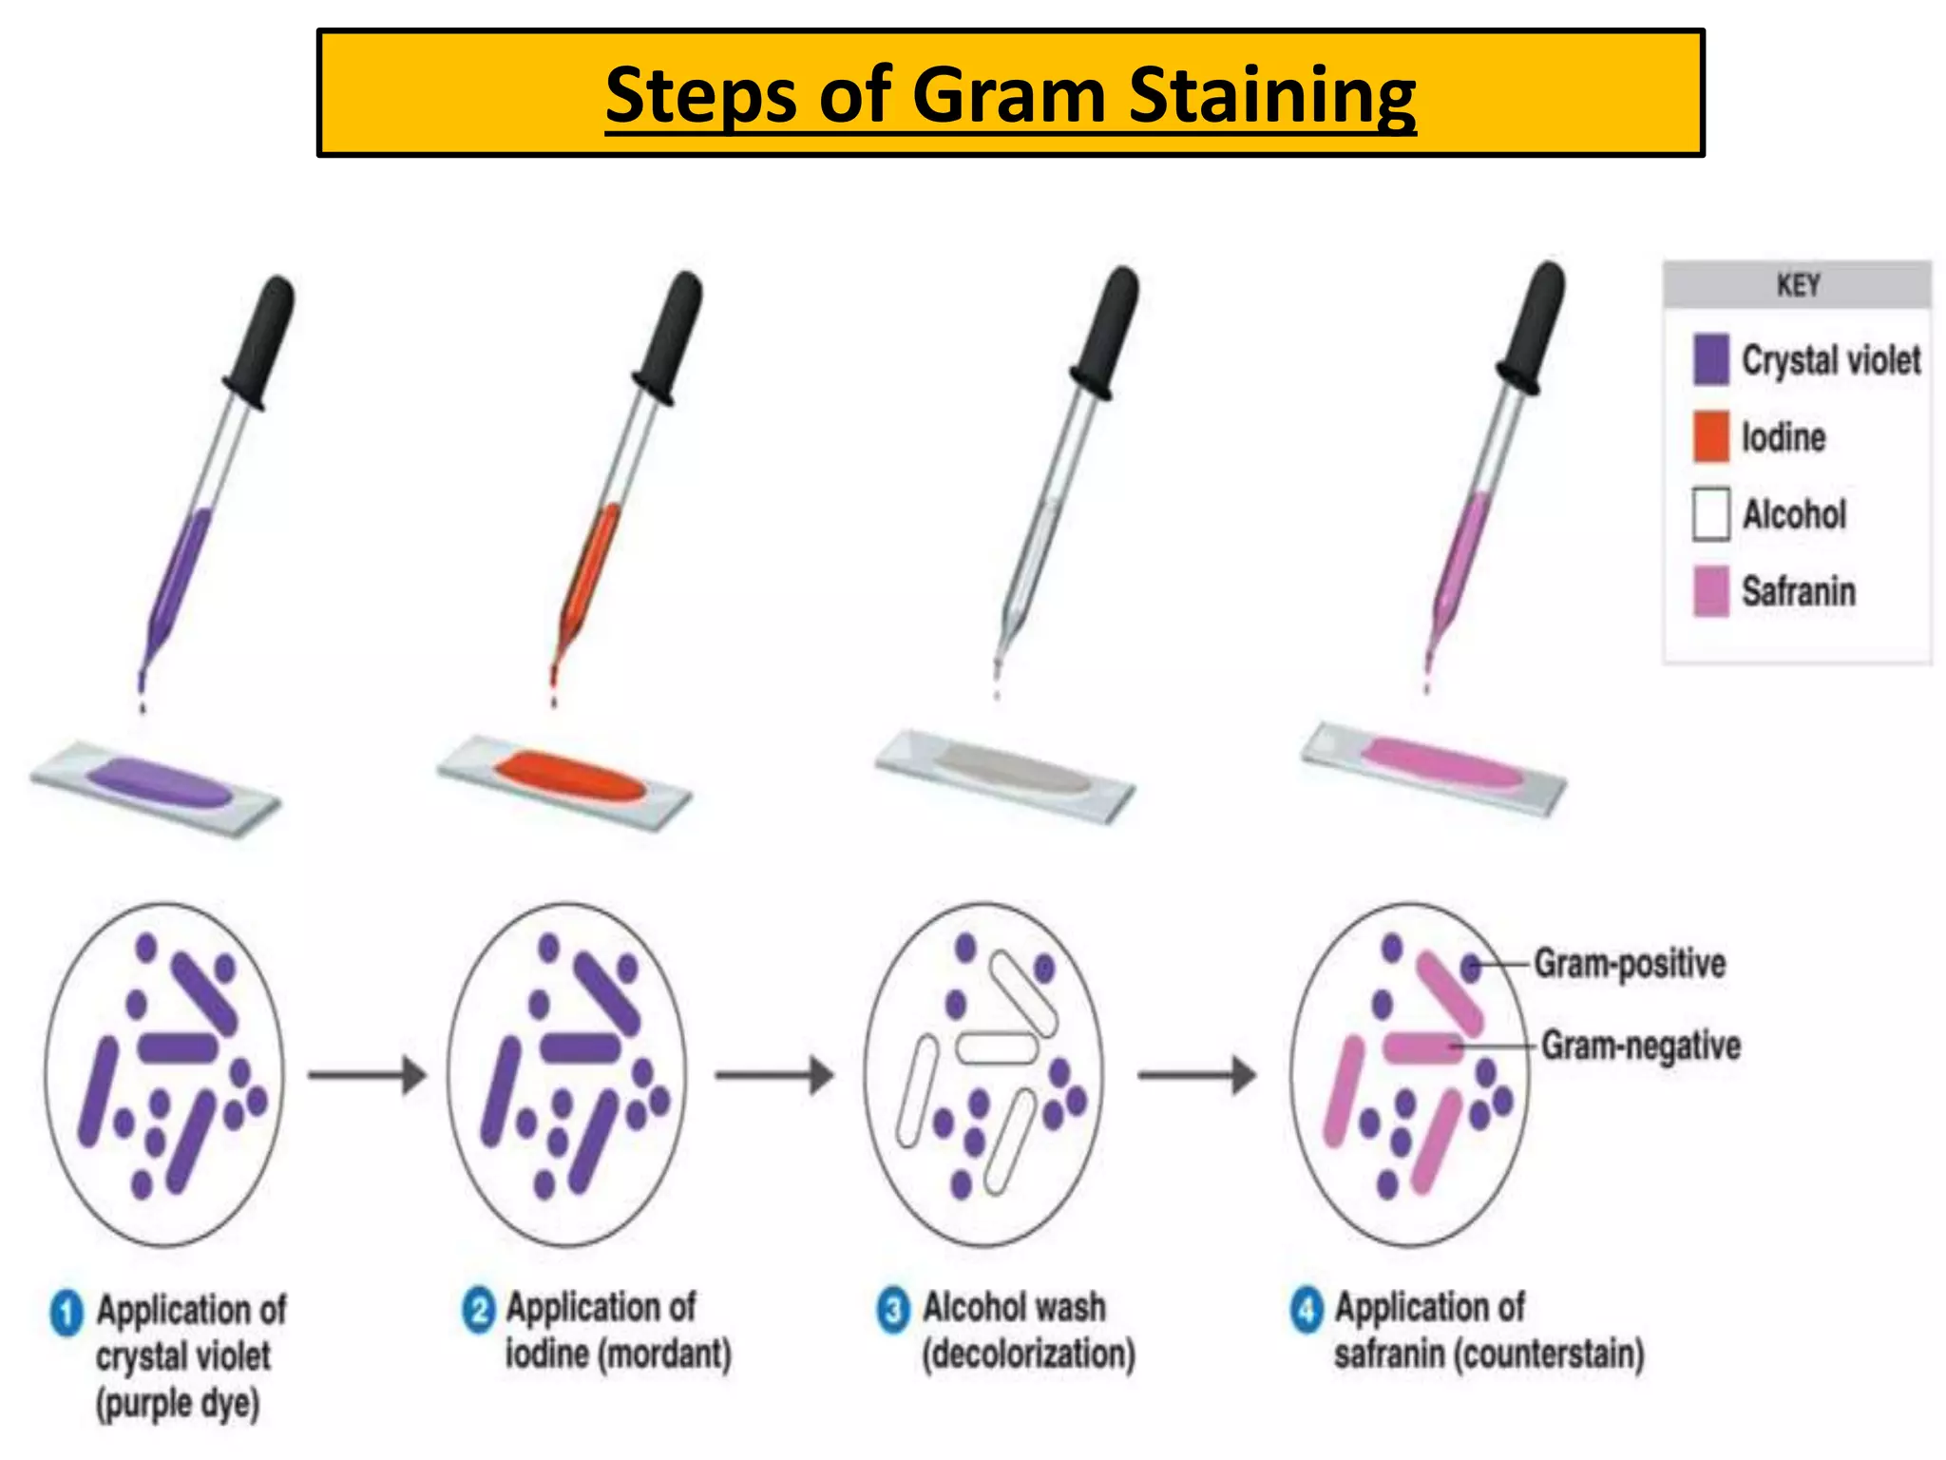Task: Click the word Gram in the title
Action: [1009, 95]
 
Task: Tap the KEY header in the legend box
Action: [1797, 284]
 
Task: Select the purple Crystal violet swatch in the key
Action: [1710, 359]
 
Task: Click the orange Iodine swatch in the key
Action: [1710, 437]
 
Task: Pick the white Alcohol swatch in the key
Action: [1710, 514]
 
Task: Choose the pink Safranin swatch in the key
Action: [1710, 591]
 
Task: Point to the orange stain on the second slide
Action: [570, 776]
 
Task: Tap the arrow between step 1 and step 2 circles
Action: [367, 1075]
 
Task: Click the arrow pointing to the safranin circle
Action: [1197, 1075]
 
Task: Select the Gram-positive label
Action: [1630, 964]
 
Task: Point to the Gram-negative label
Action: [1640, 1046]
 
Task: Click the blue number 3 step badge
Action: [893, 1311]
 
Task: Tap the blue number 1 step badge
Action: [67, 1314]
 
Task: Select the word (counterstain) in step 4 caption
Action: [1549, 1354]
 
